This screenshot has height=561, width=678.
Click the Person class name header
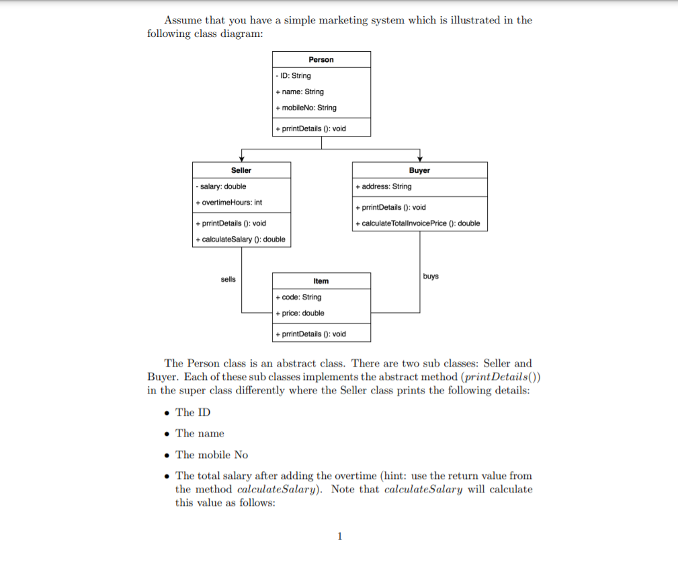pos(321,60)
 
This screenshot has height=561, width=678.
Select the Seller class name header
pos(241,170)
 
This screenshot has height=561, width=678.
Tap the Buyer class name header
pos(419,170)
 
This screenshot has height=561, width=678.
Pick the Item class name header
pos(321,280)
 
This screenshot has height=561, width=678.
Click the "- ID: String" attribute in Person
pos(294,76)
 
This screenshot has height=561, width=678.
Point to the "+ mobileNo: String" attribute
pos(306,108)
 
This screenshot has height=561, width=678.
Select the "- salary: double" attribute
pos(221,186)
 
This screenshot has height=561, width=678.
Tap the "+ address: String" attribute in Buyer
pos(384,186)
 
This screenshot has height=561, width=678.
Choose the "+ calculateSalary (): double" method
pos(241,239)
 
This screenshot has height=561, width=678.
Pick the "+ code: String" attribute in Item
pos(299,297)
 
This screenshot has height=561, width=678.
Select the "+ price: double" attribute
pos(300,313)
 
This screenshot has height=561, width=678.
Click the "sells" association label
pos(228,279)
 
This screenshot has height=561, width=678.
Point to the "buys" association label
pos(431,276)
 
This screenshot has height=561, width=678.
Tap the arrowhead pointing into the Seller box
pos(242,159)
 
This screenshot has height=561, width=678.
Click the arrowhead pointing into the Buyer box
pos(420,159)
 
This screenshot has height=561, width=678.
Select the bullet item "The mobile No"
pos(212,455)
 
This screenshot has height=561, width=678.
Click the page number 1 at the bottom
pos(339,536)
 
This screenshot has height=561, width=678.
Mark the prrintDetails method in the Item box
pos(311,334)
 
